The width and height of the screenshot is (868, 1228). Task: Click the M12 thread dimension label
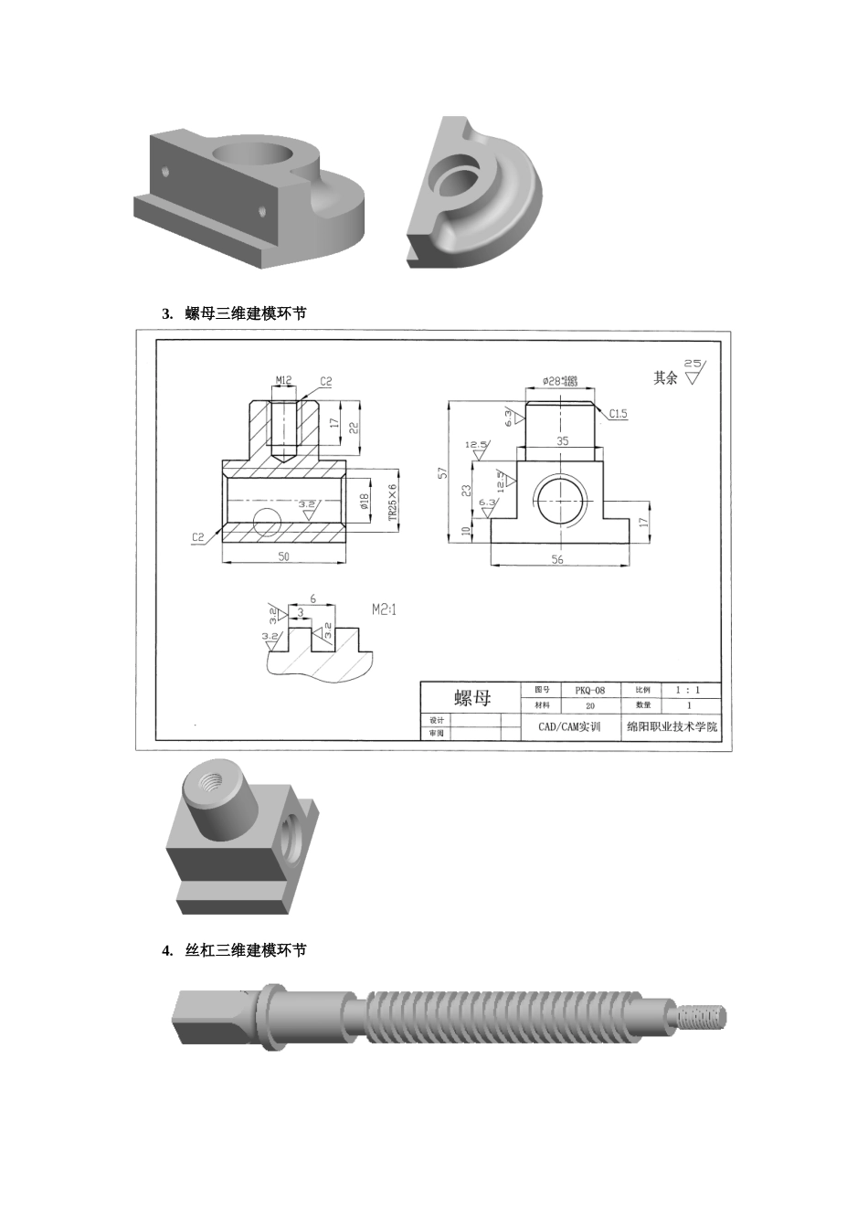(283, 380)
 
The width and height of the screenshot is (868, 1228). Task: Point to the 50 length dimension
(283, 556)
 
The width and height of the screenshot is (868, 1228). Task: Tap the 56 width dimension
(557, 559)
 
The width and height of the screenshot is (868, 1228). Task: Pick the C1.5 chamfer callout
(619, 414)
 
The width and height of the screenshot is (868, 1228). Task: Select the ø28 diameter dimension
(558, 380)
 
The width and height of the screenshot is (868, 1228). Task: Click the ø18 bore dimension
(364, 502)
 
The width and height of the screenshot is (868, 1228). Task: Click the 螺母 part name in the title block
(472, 698)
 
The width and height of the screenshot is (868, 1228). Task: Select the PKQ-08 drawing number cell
(589, 691)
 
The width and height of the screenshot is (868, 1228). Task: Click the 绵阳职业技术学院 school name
(672, 727)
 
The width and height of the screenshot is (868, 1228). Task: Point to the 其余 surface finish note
(665, 377)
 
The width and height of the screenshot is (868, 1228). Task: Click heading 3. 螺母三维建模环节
(234, 313)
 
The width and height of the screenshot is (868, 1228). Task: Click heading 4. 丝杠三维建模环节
(234, 950)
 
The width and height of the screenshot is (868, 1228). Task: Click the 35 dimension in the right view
(563, 441)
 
